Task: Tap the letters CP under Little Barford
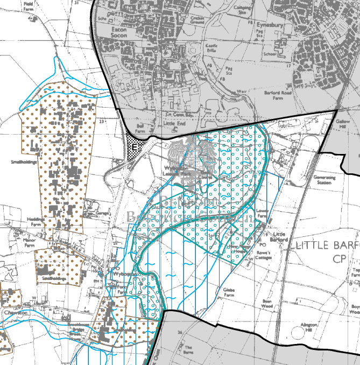[338, 259]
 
